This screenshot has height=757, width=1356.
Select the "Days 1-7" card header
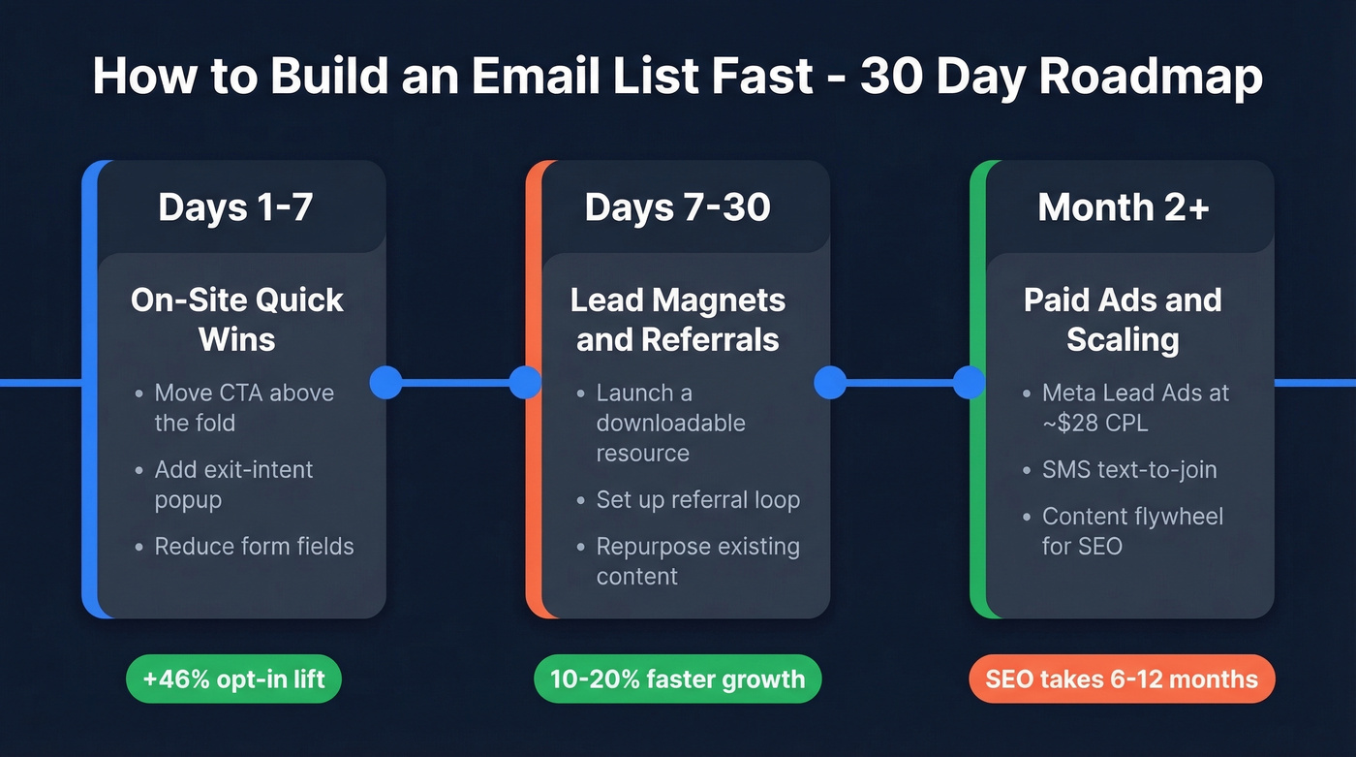(x=235, y=207)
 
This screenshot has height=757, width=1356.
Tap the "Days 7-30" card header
(x=678, y=207)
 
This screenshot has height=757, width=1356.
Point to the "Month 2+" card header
(x=1124, y=207)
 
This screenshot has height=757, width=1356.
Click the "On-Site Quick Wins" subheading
(x=237, y=319)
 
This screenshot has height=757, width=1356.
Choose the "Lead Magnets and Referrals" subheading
(x=678, y=319)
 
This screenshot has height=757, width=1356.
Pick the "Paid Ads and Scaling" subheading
(x=1123, y=319)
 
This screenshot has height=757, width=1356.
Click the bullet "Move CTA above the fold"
(x=244, y=407)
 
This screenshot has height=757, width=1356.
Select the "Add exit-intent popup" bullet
(x=233, y=484)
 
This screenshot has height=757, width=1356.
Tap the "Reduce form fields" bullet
(x=254, y=546)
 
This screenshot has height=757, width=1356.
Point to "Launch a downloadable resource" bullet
(x=670, y=423)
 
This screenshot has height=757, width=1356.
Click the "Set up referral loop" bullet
(x=697, y=500)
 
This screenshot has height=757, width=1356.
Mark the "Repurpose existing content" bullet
(x=697, y=560)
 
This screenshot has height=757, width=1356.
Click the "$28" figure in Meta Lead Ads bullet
(x=1077, y=423)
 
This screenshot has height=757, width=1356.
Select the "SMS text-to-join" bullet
(x=1129, y=469)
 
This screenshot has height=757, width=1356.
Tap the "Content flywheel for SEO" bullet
(x=1132, y=530)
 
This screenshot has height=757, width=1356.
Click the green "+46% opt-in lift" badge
(x=234, y=678)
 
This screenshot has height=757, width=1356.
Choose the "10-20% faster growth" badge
(x=677, y=678)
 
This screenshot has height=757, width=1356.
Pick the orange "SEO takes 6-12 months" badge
(x=1122, y=678)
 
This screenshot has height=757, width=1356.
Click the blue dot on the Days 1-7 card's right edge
(x=385, y=382)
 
